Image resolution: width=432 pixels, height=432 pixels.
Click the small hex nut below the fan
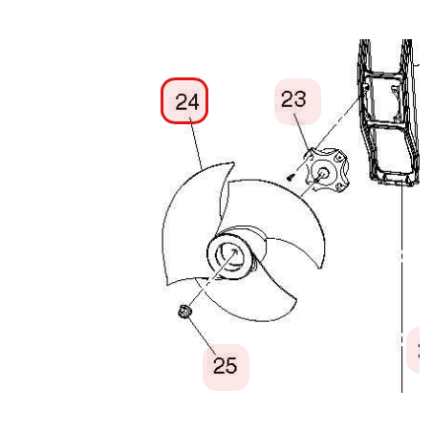184,312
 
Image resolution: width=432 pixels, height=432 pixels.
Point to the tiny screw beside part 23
290,177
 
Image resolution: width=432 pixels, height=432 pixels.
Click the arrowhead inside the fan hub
234,252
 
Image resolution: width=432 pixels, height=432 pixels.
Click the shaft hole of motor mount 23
322,172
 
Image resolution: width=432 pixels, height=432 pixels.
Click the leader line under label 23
301,132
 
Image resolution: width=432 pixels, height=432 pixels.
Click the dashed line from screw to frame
326,137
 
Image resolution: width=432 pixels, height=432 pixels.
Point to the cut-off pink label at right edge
413,350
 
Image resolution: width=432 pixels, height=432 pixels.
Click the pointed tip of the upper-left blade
234,162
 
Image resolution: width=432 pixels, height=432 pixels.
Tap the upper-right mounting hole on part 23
339,158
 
